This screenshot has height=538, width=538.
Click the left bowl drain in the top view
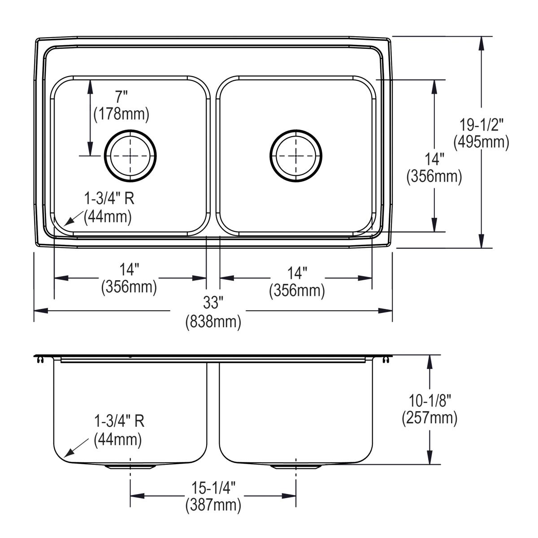(130, 156)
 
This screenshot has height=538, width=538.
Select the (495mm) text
(481, 142)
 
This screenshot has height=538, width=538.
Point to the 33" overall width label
(213, 303)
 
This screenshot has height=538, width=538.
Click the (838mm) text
(213, 321)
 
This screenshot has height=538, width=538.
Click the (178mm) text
(121, 114)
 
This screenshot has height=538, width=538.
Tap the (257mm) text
(430, 418)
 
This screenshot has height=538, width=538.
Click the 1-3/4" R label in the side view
(119, 421)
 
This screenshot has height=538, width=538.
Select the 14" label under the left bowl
(129, 269)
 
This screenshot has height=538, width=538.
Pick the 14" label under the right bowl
(297, 272)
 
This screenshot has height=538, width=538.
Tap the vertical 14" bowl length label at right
(434, 159)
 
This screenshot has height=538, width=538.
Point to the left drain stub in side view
(130, 467)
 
